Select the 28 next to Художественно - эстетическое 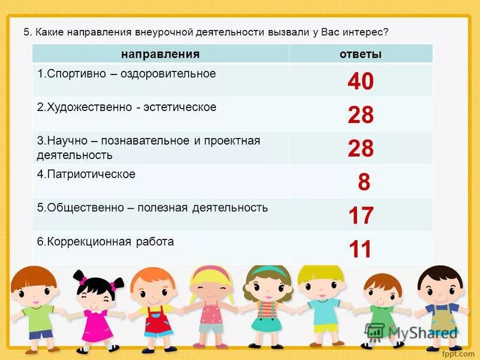click(x=361, y=115)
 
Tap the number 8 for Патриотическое click(x=364, y=182)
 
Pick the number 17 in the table click(x=361, y=215)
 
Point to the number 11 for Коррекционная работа click(x=361, y=249)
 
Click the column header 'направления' click(x=160, y=54)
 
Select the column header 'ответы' click(x=361, y=54)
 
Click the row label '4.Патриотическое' click(x=86, y=174)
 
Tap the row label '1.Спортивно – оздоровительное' click(x=126, y=74)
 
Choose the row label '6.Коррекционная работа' click(x=106, y=242)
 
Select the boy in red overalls click(x=153, y=309)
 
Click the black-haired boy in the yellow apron click(x=441, y=306)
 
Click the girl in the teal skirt click(x=268, y=306)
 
